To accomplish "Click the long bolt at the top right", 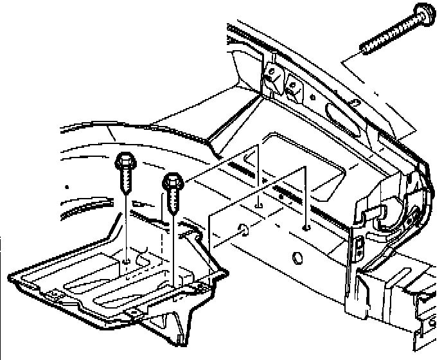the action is (x=392, y=32).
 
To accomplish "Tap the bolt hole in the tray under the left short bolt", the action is (x=127, y=260).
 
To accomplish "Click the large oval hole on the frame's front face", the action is (x=297, y=258).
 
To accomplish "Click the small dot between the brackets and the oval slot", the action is (x=313, y=97).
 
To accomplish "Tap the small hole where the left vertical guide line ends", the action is (x=258, y=205).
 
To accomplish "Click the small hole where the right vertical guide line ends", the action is (x=306, y=226).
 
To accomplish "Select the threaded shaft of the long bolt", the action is (x=385, y=36).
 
